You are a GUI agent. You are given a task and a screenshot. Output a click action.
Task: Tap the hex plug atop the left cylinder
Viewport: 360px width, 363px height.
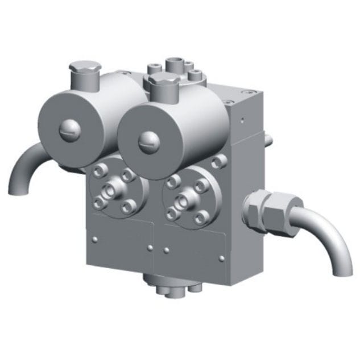tap(83, 73)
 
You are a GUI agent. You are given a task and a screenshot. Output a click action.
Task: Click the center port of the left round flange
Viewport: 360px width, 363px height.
tap(109, 190)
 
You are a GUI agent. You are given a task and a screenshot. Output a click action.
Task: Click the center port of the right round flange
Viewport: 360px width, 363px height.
tap(185, 200)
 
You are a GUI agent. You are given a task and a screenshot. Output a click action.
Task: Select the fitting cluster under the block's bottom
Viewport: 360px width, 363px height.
tap(171, 285)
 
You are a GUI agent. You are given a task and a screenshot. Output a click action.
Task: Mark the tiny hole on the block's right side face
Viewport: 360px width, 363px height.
tap(243, 120)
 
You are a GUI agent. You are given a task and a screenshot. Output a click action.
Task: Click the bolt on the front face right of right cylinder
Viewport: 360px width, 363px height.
tap(216, 163)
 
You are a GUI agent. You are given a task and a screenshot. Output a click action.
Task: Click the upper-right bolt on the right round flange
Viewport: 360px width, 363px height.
tap(201, 186)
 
